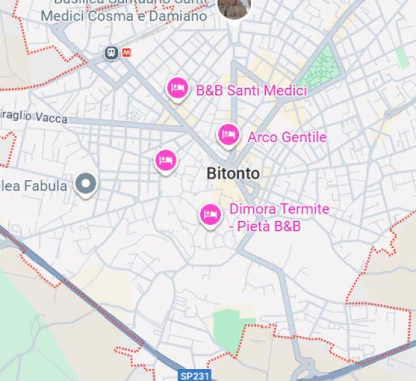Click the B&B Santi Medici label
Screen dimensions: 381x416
[x=251, y=91]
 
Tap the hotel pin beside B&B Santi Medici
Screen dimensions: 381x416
[x=176, y=88]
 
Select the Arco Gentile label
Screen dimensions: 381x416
[x=286, y=138]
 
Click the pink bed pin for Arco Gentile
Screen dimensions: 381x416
[x=228, y=135]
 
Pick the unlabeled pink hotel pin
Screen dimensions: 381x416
[x=166, y=160]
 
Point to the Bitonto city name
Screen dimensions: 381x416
[x=233, y=174]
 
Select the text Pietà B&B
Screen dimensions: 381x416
[x=269, y=226]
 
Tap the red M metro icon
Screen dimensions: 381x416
[x=126, y=52]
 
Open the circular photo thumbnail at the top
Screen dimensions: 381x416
[x=234, y=6]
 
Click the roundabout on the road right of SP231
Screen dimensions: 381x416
[x=309, y=366]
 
